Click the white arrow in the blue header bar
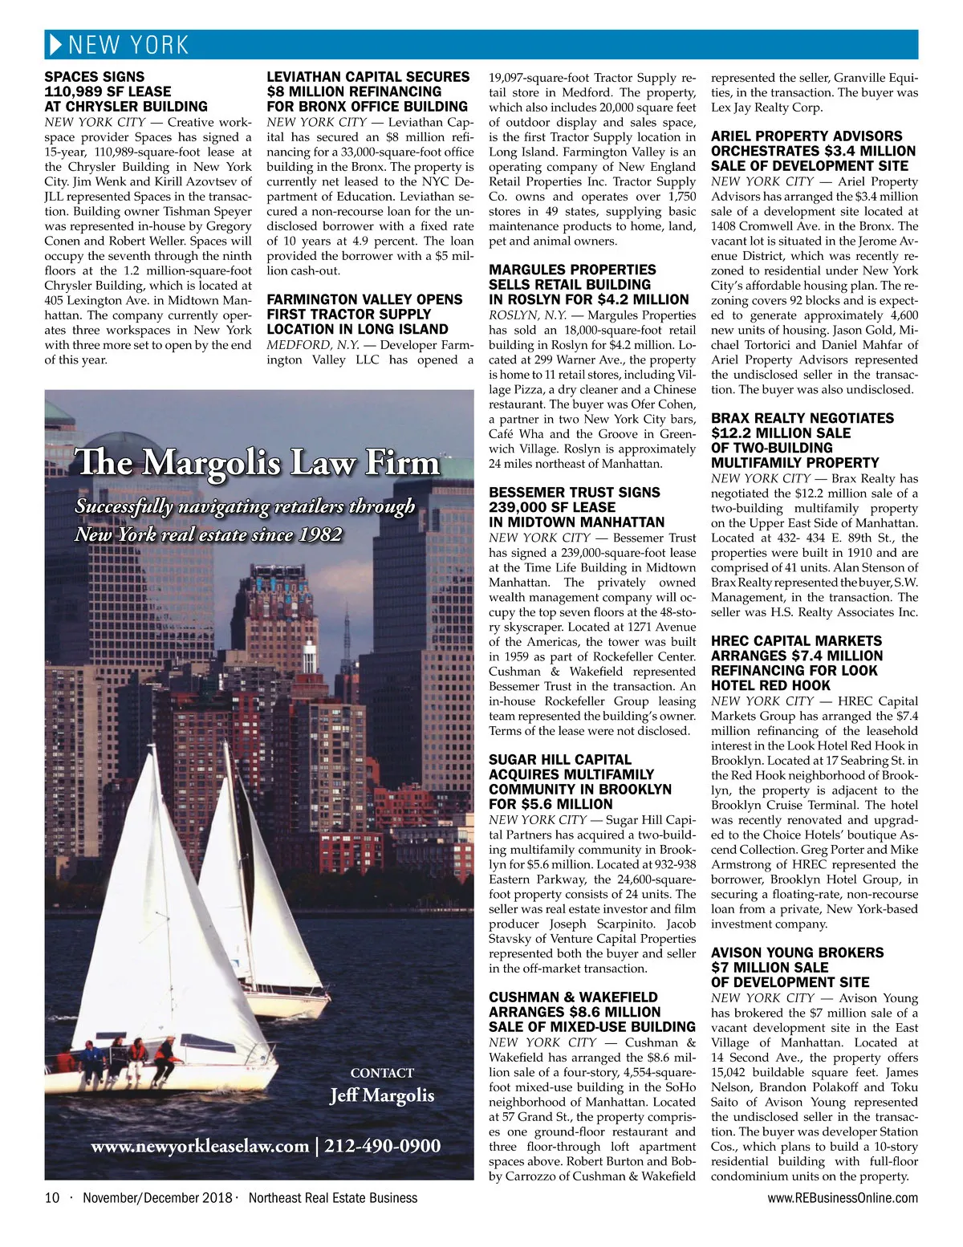coord(55,45)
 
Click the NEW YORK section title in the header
coord(128,45)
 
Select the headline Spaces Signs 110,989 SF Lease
coord(125,91)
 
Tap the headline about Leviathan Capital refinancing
coord(368,91)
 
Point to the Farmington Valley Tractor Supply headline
coord(364,314)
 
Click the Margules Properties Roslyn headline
coord(588,284)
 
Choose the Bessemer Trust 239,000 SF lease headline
coord(576,507)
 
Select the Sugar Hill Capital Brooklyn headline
coord(579,782)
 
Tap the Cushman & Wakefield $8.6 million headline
coord(591,1012)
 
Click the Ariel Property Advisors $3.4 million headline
coord(813,151)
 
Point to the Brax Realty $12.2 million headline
coord(802,441)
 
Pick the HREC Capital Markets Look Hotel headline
coord(796,663)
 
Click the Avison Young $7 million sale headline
coord(797,967)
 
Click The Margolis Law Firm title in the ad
coord(258,463)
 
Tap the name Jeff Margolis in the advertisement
coord(382,1095)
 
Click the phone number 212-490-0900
coord(383,1146)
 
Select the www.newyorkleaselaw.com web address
coord(199,1146)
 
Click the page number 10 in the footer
coord(52,1198)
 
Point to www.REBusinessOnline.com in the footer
coord(843,1198)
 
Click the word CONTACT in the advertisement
coord(382,1073)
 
